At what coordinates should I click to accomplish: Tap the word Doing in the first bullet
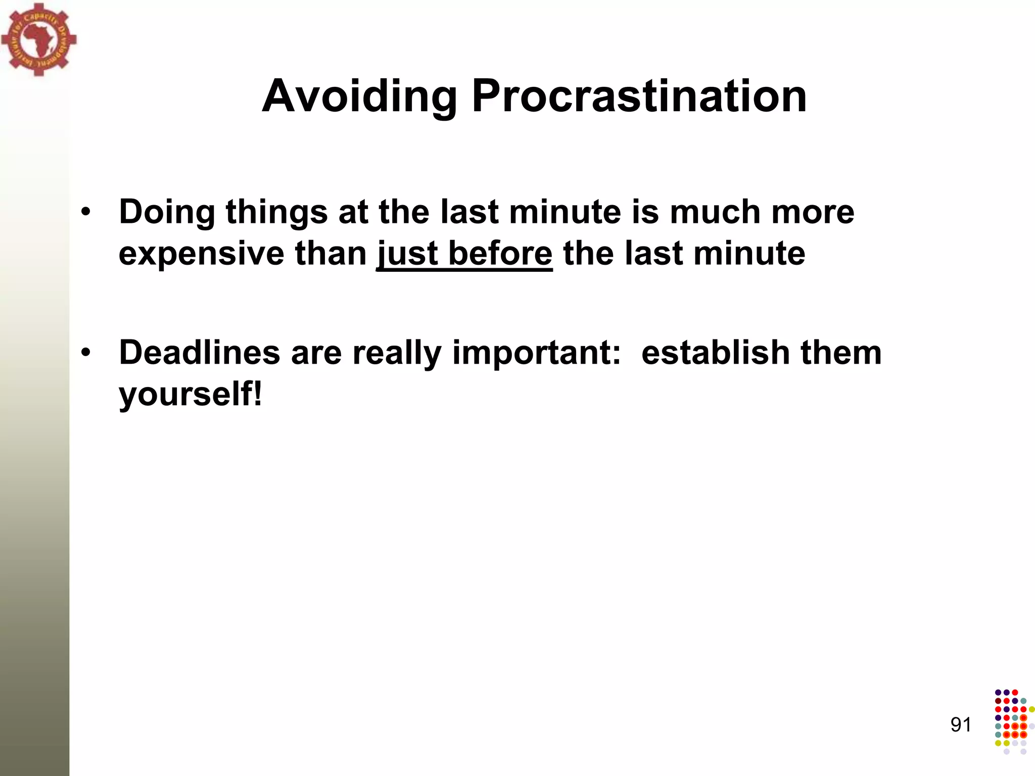point(166,212)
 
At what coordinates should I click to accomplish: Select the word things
point(276,212)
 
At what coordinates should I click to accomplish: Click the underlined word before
point(500,253)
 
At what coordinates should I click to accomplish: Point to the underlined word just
point(407,253)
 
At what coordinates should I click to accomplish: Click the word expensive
point(201,253)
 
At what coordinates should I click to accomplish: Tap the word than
point(331,253)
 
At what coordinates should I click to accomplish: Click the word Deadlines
point(199,352)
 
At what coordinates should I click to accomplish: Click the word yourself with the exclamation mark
point(191,394)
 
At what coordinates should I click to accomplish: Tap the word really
point(396,352)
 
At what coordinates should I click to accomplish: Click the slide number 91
point(961,724)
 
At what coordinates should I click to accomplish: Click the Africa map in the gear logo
point(37,39)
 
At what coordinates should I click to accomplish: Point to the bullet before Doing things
point(86,212)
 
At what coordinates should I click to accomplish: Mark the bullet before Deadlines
point(86,353)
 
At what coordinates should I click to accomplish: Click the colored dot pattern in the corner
point(1013,721)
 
